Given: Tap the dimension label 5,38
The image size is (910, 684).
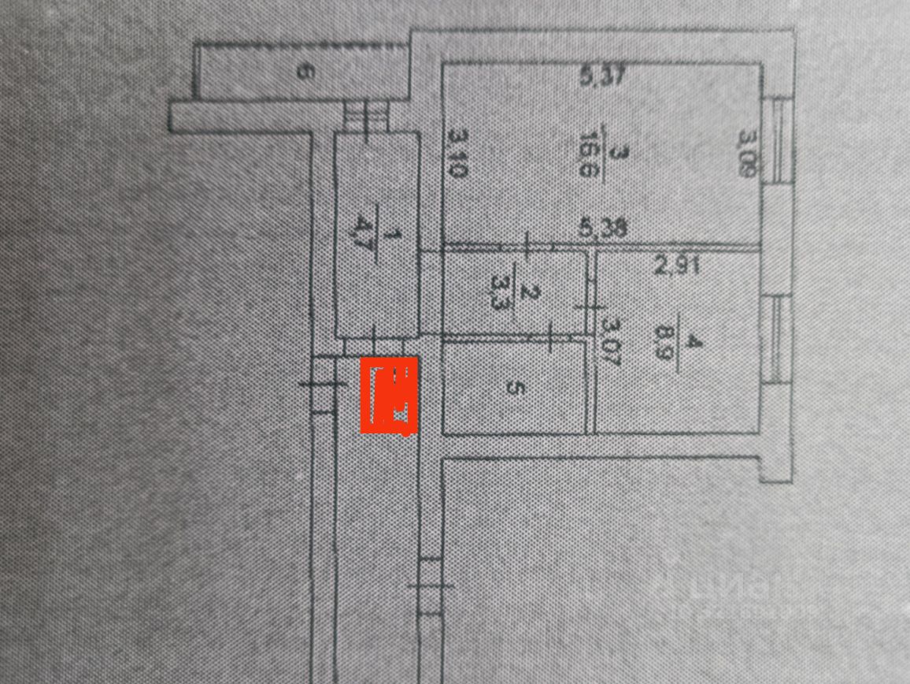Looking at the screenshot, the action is tap(602, 229).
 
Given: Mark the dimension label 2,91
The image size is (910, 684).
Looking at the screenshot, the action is tap(676, 267).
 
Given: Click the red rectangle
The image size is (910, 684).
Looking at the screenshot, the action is tap(389, 396).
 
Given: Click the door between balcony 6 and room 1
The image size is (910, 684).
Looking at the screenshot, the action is tap(366, 117).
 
